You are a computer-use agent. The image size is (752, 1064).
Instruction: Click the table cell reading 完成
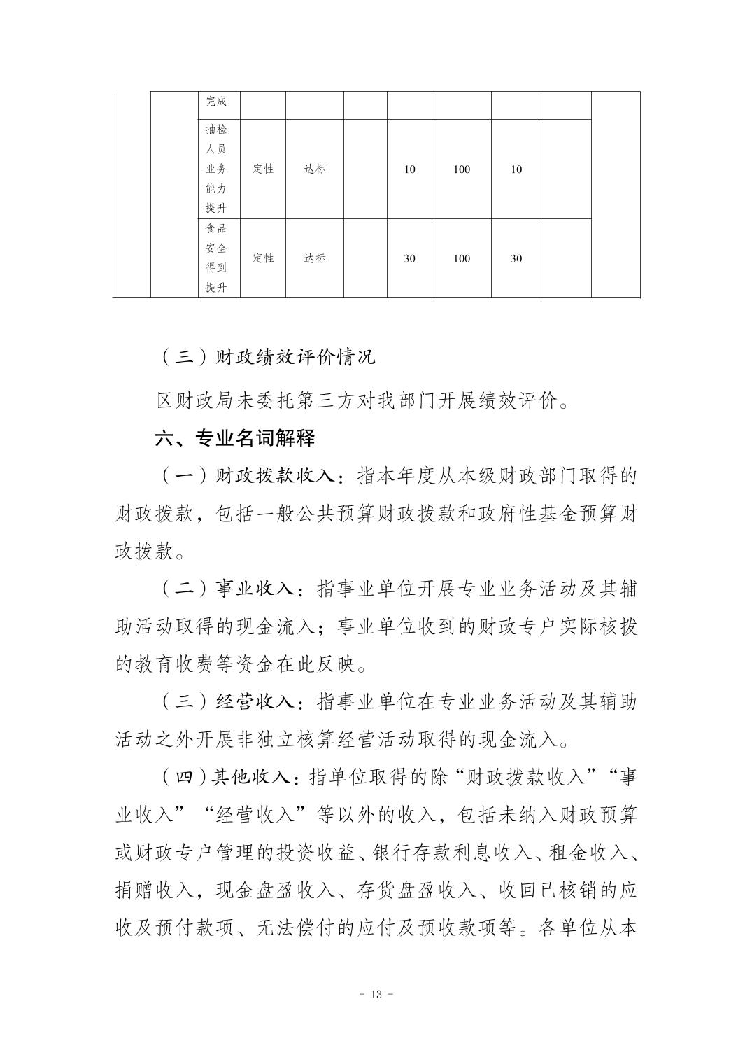tap(216, 101)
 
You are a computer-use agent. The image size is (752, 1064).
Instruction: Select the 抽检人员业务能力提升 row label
tap(216, 169)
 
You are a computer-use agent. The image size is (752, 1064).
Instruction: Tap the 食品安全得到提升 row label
tap(216, 258)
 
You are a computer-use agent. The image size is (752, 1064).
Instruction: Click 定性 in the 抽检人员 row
tap(263, 169)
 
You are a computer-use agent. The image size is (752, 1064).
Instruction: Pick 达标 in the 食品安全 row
tap(315, 258)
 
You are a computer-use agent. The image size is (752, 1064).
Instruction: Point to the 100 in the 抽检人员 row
tap(462, 169)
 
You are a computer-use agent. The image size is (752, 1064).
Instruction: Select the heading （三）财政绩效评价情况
tap(267, 357)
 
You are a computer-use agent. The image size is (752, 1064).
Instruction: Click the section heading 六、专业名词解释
tap(235, 439)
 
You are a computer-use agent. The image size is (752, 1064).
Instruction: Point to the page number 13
tap(376, 995)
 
